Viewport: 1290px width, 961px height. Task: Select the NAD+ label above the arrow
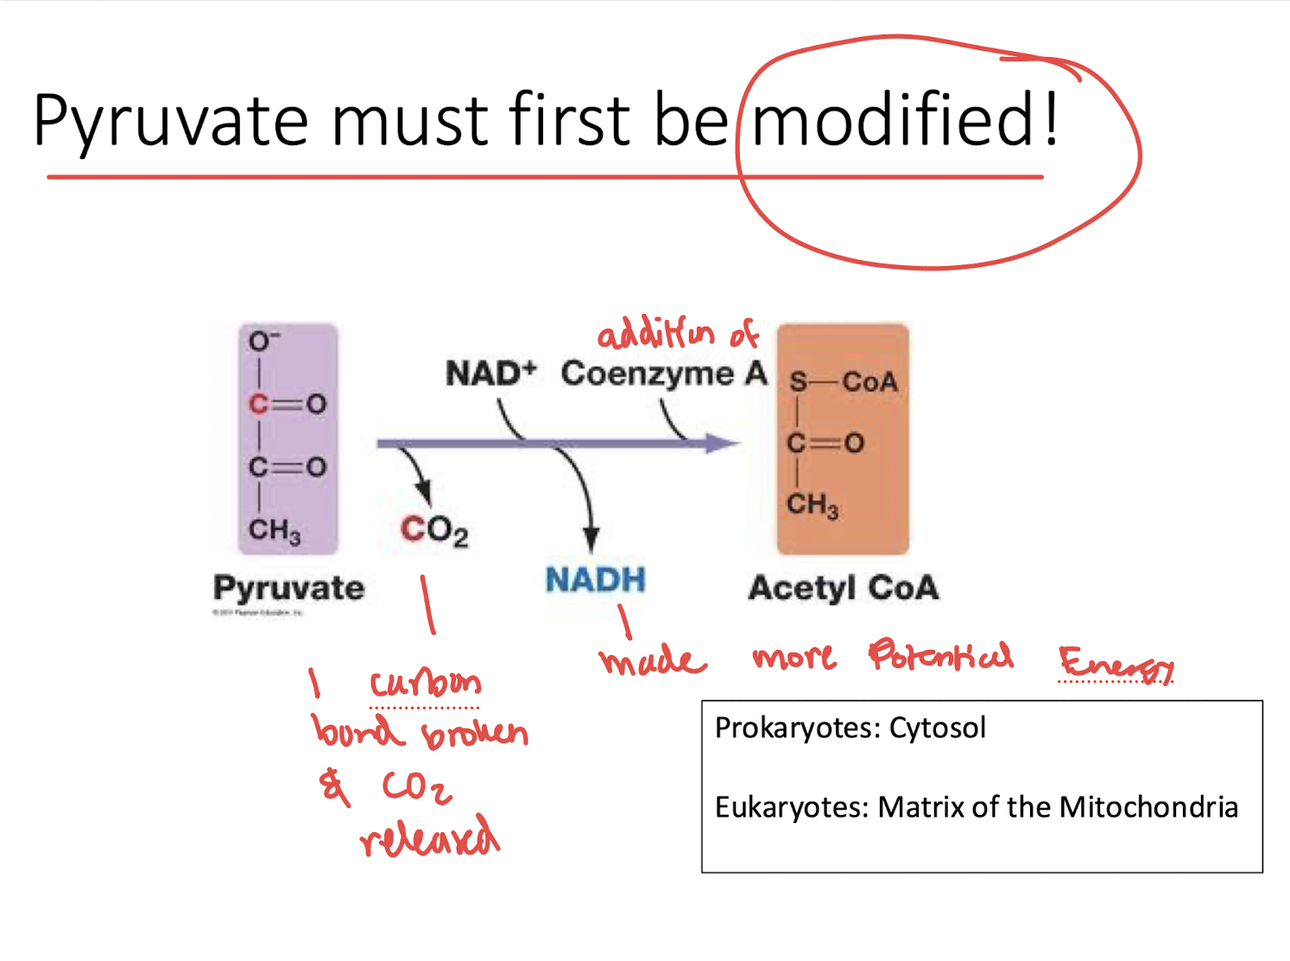tap(490, 373)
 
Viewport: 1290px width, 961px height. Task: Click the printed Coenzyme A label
tap(663, 373)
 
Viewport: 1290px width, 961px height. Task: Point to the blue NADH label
tap(595, 579)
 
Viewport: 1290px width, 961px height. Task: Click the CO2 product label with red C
tap(433, 530)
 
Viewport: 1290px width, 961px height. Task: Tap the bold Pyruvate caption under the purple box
tap(288, 588)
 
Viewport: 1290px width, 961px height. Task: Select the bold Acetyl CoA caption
tap(843, 588)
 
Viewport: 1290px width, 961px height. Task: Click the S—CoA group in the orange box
tap(843, 381)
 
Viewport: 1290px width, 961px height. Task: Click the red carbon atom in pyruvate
tap(258, 404)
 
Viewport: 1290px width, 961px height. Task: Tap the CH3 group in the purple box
tap(274, 530)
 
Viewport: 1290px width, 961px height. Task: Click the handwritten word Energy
tap(1116, 664)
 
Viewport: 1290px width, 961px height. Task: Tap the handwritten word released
tap(429, 837)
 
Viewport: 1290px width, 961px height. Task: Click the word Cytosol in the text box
tap(937, 728)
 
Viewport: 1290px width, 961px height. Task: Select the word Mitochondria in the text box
tap(1148, 807)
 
